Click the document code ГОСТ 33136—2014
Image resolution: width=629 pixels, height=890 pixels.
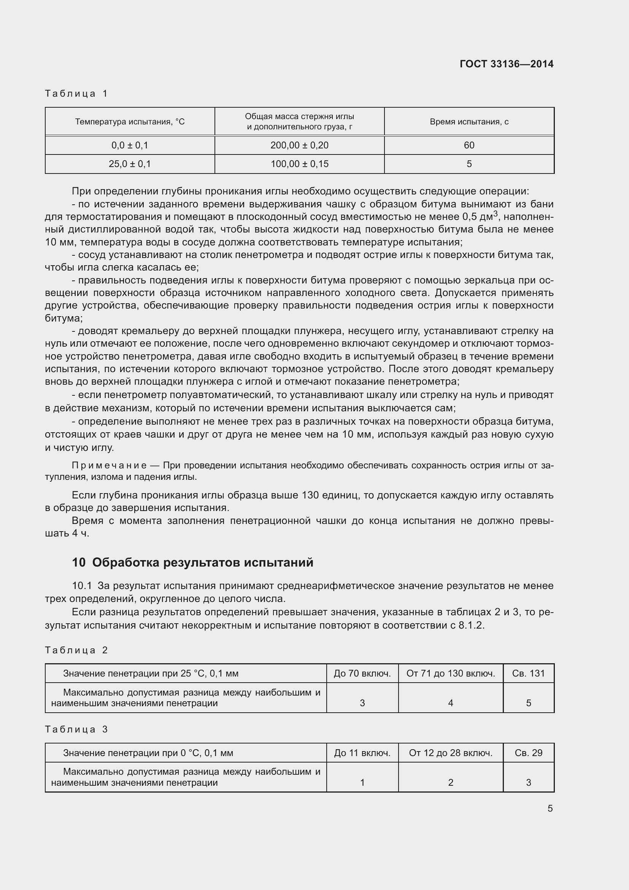(506, 64)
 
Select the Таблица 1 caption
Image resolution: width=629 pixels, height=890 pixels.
(76, 94)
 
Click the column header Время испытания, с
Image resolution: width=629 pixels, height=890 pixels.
(469, 122)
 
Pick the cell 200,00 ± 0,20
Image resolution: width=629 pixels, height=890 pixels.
(299, 145)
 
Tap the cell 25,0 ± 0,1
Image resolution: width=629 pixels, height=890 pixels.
(130, 164)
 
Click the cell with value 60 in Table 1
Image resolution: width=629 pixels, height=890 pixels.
(469, 145)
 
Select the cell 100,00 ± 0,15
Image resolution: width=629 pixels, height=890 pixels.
(299, 164)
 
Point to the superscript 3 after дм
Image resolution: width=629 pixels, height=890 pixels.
(496, 213)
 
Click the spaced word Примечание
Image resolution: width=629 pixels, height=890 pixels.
(109, 465)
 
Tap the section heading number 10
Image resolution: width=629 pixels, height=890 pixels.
(79, 562)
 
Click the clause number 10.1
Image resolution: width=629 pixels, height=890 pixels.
(82, 586)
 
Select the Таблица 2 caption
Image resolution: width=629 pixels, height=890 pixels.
(76, 650)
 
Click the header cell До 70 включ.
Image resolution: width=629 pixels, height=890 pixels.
(362, 673)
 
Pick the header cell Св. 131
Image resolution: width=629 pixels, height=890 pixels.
(528, 673)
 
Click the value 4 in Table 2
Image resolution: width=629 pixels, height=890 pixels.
(450, 703)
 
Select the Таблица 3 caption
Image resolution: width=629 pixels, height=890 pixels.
(76, 729)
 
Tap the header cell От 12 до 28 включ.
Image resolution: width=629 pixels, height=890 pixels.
(450, 753)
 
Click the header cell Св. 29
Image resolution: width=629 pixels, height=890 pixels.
(528, 753)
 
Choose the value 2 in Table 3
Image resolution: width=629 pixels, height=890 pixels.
(450, 782)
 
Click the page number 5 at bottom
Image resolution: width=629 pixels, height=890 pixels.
(550, 808)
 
